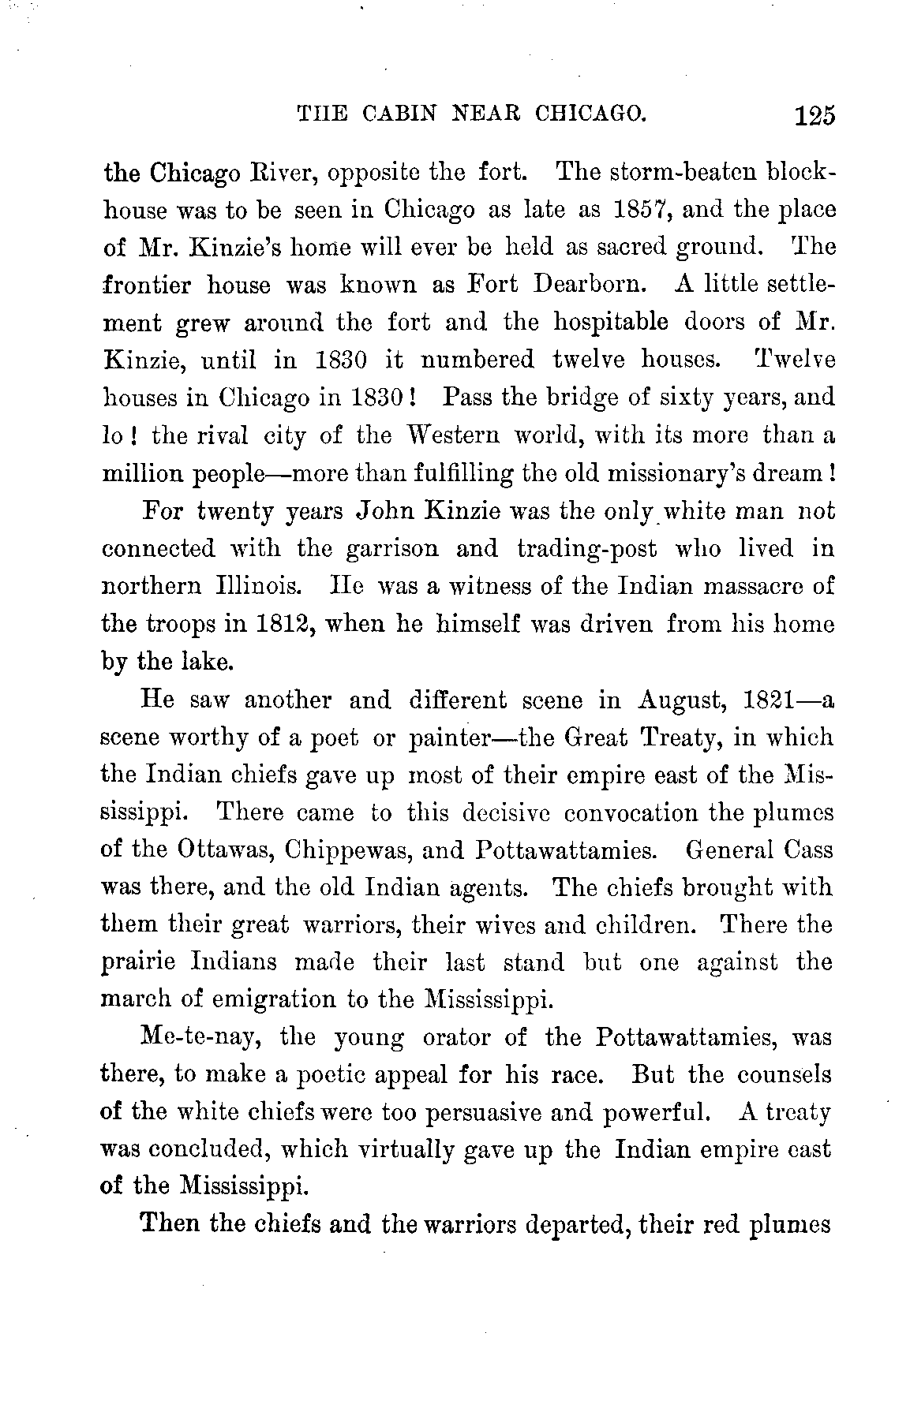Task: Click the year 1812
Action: point(274,624)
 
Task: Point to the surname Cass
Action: point(809,850)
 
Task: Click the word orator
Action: point(462,1037)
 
